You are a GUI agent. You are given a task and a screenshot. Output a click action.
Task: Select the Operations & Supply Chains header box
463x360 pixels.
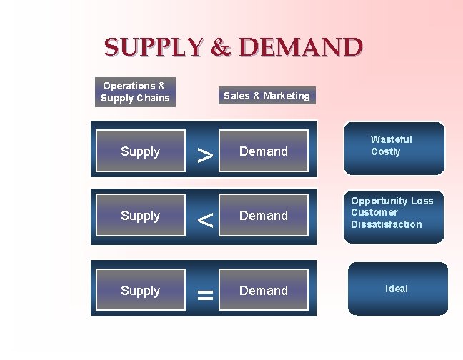pos(135,92)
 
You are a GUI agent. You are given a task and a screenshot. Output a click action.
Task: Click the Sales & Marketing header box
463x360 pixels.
pos(267,96)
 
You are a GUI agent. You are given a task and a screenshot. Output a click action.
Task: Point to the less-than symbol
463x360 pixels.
pos(205,219)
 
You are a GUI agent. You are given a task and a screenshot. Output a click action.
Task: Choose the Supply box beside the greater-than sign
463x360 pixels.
pos(141,151)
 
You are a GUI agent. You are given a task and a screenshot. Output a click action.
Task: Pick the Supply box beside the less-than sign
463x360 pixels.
pos(141,216)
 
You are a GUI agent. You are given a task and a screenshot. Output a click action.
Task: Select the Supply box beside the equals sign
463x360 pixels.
pos(141,291)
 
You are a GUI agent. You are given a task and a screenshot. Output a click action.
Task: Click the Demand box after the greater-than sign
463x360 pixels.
pos(264,151)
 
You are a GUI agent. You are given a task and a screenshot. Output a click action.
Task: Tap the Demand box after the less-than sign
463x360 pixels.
pos(264,216)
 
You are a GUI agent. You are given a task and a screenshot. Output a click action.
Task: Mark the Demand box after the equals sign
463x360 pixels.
pos(264,291)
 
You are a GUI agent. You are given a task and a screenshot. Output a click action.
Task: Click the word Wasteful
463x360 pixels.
pos(391,139)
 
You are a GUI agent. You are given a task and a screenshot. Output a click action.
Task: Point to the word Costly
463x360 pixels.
pos(386,151)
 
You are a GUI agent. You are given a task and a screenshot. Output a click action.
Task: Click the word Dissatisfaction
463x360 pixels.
pos(386,224)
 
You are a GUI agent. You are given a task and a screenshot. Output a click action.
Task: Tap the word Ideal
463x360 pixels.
pos(397,289)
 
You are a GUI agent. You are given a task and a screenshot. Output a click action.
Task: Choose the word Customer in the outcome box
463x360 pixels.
pos(374,212)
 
